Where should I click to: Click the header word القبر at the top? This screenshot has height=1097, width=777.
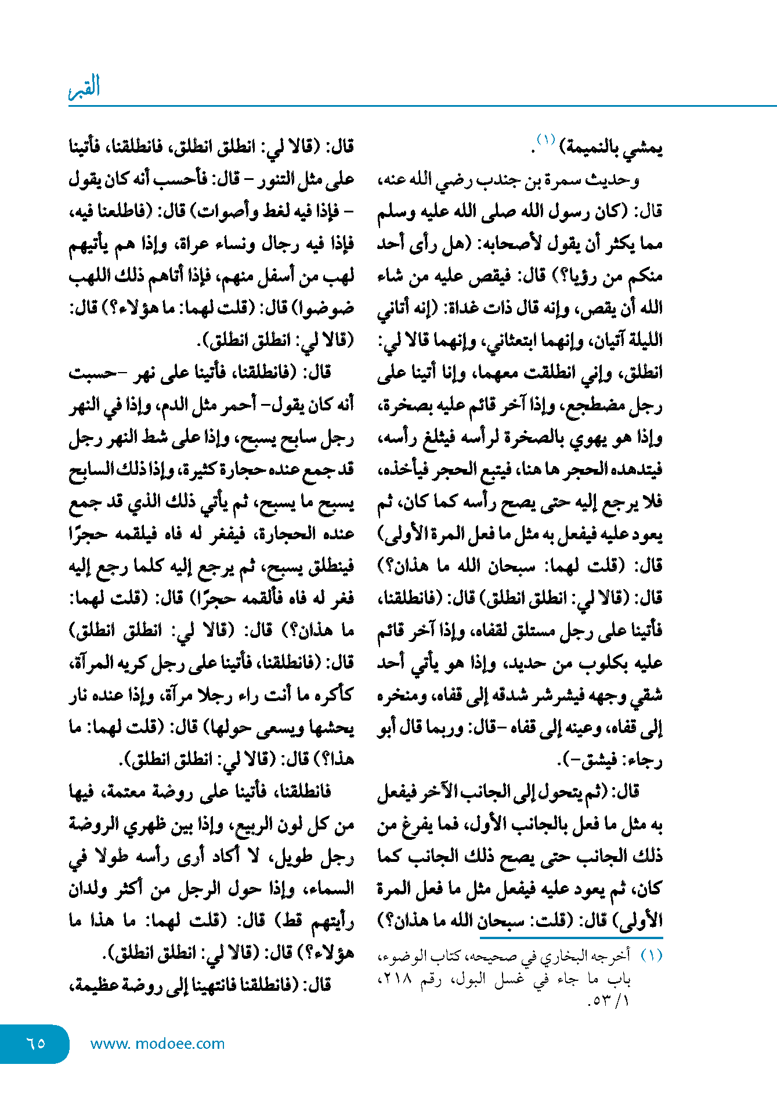pos(85,88)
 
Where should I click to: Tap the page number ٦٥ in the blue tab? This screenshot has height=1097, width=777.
pos(36,1043)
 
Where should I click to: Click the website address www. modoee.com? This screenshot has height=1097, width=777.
pos(157,1044)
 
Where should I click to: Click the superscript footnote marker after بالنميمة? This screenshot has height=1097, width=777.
pos(545,140)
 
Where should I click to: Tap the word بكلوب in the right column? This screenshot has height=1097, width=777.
pos(587,663)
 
